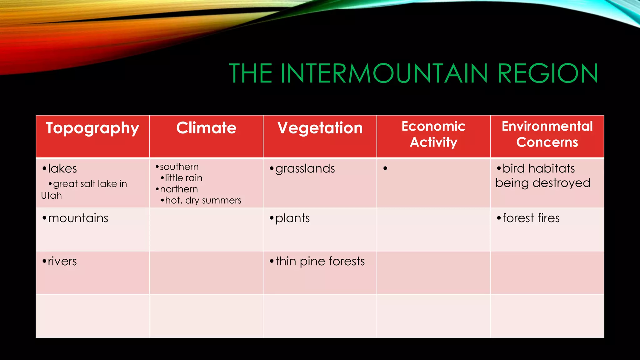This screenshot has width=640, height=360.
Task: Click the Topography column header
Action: (x=92, y=128)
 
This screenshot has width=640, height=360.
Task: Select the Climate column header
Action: (x=206, y=128)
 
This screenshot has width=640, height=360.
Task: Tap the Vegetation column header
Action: (x=320, y=128)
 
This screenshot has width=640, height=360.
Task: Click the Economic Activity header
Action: (x=433, y=134)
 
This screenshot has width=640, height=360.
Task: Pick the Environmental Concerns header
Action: (x=547, y=134)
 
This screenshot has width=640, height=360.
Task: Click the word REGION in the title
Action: (x=547, y=73)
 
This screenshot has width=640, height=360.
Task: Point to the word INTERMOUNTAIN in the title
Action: (x=384, y=73)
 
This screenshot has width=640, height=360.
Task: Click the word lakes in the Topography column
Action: (x=62, y=168)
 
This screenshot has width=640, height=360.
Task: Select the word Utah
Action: (x=52, y=196)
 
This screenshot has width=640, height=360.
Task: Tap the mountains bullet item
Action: (x=78, y=218)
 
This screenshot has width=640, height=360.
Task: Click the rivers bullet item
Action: (x=62, y=261)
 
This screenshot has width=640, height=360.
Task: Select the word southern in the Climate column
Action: (x=179, y=167)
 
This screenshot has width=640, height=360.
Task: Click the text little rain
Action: (x=183, y=178)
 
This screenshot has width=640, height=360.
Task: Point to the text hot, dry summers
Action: (x=203, y=200)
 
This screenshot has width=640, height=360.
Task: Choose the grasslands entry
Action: (x=305, y=169)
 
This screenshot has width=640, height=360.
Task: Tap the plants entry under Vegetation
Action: (x=292, y=218)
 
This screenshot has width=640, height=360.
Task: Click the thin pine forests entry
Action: (x=320, y=261)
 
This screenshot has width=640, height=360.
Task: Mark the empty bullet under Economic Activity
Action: (x=385, y=168)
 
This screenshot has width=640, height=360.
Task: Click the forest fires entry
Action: (x=531, y=218)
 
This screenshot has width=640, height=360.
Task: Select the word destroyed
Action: (x=561, y=183)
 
